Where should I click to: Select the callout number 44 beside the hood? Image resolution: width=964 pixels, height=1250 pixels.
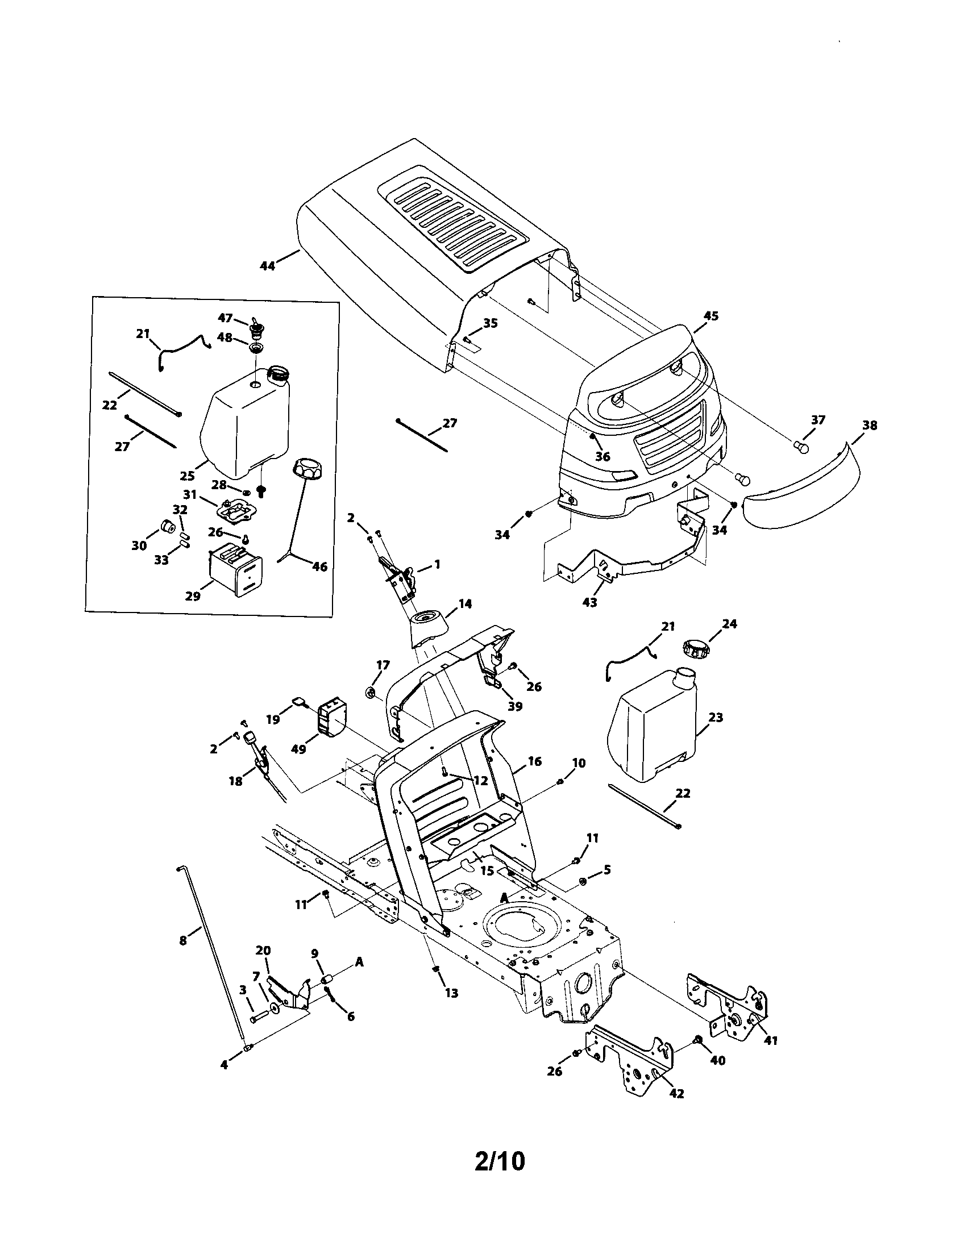point(267,265)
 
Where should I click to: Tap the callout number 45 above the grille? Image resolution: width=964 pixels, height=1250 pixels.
point(710,316)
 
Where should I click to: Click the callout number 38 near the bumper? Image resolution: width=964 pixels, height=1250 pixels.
point(870,425)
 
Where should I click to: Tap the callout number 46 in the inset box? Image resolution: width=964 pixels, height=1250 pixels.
point(319,566)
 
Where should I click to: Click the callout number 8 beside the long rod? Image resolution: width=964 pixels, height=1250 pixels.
point(182,940)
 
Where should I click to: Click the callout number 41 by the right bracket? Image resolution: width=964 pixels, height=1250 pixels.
point(771,1040)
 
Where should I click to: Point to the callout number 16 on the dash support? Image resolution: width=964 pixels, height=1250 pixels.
point(535,761)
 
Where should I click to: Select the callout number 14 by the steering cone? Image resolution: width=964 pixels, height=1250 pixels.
point(465,603)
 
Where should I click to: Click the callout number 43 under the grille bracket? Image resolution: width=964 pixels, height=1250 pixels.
point(589,602)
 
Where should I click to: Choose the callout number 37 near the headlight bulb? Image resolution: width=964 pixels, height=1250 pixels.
point(818,420)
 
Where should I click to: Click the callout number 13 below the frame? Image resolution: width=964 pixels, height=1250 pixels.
point(451,993)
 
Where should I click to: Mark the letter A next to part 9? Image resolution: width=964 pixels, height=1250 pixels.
point(359,963)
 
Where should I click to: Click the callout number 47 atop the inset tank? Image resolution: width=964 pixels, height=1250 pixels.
point(225,318)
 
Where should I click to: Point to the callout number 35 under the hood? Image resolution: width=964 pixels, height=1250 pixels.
point(490,323)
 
